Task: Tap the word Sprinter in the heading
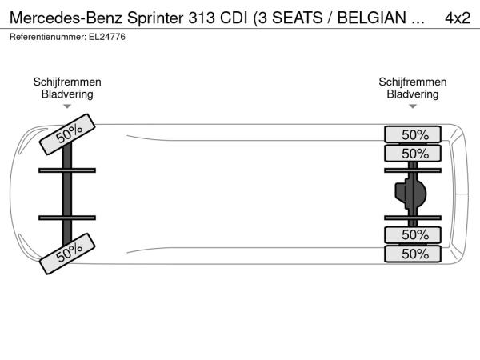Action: tap(155, 18)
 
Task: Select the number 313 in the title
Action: tap(202, 18)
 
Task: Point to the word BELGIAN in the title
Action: tap(372, 18)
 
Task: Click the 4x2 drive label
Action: tap(458, 18)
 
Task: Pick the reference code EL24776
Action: tap(107, 37)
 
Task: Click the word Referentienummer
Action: tap(48, 37)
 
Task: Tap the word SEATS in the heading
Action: tap(298, 18)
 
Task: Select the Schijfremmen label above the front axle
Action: tap(67, 82)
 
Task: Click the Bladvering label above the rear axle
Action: tap(413, 94)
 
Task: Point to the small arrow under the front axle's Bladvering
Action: tap(67, 106)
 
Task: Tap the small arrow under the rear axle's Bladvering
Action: tap(413, 106)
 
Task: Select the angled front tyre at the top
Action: tap(67, 134)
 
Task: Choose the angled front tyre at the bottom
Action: tap(67, 254)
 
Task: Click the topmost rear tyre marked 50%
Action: tap(413, 134)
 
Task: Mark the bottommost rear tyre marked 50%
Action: tap(413, 254)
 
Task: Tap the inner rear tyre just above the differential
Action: tap(413, 153)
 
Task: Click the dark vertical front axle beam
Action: tap(67, 194)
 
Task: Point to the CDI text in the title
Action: tap(234, 18)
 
